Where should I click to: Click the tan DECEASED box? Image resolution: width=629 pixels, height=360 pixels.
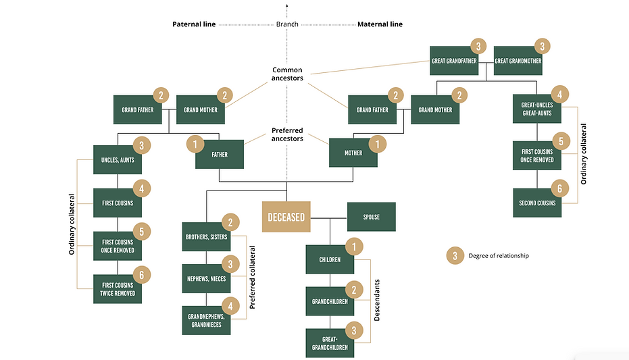(x=287, y=217)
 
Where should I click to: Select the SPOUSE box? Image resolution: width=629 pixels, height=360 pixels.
(x=371, y=217)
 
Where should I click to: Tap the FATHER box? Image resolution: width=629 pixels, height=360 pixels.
(x=220, y=154)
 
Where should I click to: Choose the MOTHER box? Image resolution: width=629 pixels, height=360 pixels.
(x=353, y=153)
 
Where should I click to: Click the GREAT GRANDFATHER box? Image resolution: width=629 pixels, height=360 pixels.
(x=454, y=61)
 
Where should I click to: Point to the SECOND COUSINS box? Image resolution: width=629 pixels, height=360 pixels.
(x=537, y=203)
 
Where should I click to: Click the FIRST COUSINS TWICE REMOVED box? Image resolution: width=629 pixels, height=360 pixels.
(x=118, y=289)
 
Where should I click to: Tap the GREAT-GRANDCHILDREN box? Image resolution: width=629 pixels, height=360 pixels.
(x=329, y=343)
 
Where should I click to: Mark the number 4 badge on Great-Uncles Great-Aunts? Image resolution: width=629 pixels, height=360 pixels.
(x=559, y=93)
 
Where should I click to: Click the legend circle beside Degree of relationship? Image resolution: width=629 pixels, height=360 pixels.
(x=455, y=255)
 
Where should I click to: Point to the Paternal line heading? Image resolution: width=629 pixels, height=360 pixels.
(x=193, y=24)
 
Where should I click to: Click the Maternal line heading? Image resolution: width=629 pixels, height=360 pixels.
(x=379, y=24)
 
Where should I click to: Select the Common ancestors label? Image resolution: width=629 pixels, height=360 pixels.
(x=288, y=74)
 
